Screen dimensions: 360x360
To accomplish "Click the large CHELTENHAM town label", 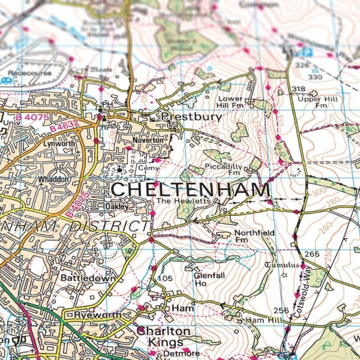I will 191,190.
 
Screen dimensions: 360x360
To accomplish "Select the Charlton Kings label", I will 163,337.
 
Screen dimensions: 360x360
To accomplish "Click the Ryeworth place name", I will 94,315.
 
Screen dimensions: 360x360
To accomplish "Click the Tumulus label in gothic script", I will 281,265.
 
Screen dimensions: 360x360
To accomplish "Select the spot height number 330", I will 314,77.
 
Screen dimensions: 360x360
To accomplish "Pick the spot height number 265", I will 311,254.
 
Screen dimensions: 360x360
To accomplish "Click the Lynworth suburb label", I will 61,144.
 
